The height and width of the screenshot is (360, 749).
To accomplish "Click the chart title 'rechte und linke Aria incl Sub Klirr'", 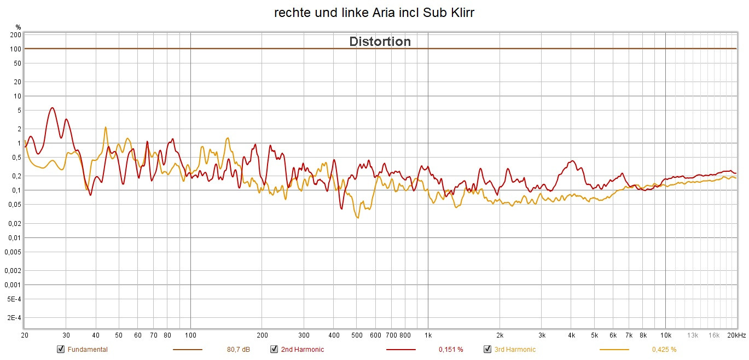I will pyautogui.click(x=374, y=13).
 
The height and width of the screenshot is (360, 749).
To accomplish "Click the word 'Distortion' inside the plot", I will pyautogui.click(x=380, y=42).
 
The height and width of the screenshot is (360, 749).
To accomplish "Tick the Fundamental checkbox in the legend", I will pyautogui.click(x=61, y=350).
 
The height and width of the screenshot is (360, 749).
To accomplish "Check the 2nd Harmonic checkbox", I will pyautogui.click(x=274, y=350).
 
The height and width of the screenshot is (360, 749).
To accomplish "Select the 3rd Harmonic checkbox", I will pyautogui.click(x=487, y=350).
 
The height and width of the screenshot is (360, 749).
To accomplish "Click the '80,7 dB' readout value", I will pyautogui.click(x=238, y=350).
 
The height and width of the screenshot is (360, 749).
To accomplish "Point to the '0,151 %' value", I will pyautogui.click(x=451, y=350).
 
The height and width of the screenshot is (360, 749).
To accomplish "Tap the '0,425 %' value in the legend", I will pyautogui.click(x=664, y=350).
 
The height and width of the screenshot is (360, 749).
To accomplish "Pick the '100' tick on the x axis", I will pyautogui.click(x=190, y=335).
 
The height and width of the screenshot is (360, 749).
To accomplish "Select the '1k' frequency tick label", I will pyautogui.click(x=428, y=335).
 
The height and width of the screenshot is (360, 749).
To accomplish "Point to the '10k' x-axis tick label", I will pyautogui.click(x=665, y=335).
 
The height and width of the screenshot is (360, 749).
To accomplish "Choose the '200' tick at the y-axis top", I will pyautogui.click(x=15, y=35).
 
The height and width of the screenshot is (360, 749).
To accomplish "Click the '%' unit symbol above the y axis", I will pyautogui.click(x=18, y=27).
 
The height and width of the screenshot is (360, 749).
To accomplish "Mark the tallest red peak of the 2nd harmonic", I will pyautogui.click(x=52, y=108).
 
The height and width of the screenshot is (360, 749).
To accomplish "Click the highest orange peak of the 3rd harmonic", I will pyautogui.click(x=105, y=127).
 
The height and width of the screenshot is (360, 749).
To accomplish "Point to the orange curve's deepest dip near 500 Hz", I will pyautogui.click(x=357, y=218).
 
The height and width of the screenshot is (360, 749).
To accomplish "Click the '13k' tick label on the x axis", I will pyautogui.click(x=693, y=335).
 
